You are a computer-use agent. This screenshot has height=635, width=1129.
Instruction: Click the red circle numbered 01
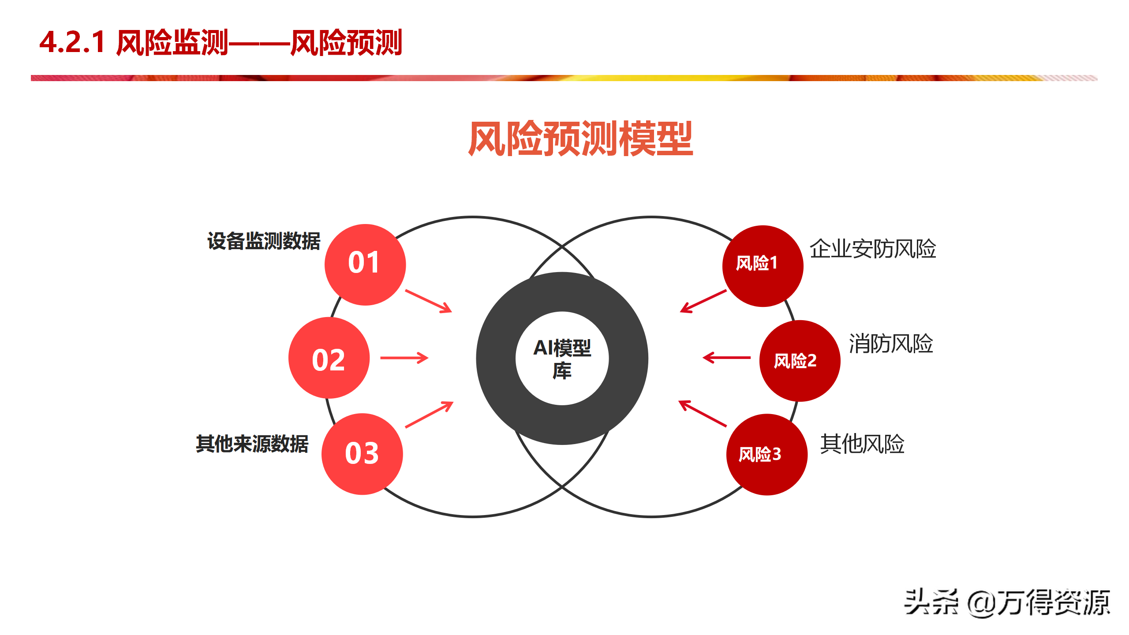tap(365, 265)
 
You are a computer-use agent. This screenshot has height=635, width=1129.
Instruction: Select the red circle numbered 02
tap(329, 358)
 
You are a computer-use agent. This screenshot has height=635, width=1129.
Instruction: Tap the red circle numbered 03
tap(362, 454)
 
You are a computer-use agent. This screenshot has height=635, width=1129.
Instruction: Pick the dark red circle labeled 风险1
tap(763, 266)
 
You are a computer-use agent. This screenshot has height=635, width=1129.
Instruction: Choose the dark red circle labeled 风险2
tap(800, 361)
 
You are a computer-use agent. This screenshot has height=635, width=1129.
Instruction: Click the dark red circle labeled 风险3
tap(767, 454)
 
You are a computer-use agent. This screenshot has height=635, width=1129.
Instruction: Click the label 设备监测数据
tap(264, 241)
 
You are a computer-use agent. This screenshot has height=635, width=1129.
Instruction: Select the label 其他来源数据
tap(252, 444)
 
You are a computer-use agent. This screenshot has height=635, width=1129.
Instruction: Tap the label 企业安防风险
tap(873, 249)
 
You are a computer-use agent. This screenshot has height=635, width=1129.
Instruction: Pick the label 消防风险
tap(891, 344)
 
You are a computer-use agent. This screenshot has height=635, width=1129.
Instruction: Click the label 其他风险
tap(862, 444)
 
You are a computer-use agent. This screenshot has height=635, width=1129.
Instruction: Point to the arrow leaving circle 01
tap(429, 301)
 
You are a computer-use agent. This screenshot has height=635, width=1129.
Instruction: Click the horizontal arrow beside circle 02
tap(404, 358)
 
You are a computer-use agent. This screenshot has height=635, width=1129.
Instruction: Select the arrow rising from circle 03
tap(429, 414)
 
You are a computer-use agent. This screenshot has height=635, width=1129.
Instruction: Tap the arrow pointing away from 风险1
tap(703, 301)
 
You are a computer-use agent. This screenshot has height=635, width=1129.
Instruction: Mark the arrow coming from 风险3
tap(703, 413)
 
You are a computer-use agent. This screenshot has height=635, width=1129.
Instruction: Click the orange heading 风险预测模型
tap(580, 138)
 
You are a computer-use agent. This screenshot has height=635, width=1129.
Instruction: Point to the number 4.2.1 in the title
tap(72, 42)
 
